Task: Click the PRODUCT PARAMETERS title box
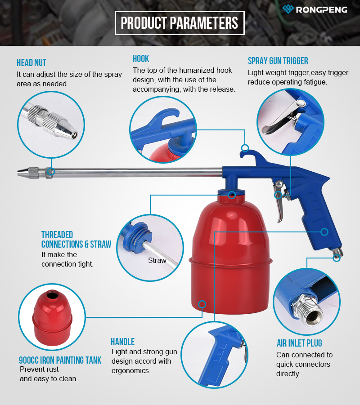click(x=180, y=23)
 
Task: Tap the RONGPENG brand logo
click(x=315, y=9)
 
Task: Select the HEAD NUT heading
click(x=31, y=63)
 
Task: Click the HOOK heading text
click(x=141, y=58)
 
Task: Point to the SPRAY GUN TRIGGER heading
click(x=278, y=61)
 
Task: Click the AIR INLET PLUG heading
click(x=299, y=343)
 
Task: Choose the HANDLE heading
click(x=122, y=342)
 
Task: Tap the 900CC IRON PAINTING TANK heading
click(x=60, y=360)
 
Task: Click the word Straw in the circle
click(x=157, y=260)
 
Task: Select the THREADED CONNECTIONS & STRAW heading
click(x=76, y=240)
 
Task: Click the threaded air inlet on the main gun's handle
click(x=337, y=253)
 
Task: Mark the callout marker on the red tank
click(x=202, y=304)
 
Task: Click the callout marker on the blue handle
click(x=324, y=231)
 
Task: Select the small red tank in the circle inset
click(x=52, y=317)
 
